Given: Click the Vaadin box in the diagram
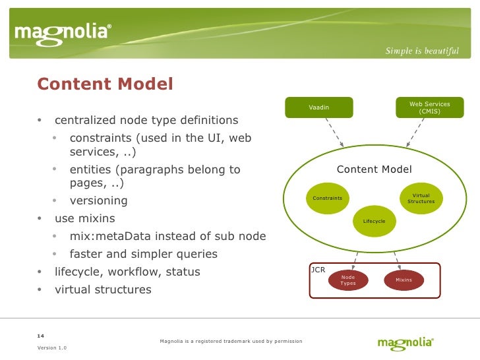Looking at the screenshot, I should click(x=318, y=107).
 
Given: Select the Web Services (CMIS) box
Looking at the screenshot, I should click(x=429, y=107).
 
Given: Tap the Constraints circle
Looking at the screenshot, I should click(x=327, y=198).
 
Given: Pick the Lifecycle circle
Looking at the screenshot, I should click(x=374, y=221).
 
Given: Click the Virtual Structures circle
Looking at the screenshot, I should click(x=421, y=198).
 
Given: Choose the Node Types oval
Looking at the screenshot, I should click(x=347, y=280).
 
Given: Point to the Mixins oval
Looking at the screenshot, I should click(x=404, y=280).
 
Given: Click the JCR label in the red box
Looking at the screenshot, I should click(x=317, y=270).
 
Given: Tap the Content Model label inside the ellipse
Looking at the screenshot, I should click(x=374, y=169).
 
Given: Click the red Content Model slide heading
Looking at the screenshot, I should click(x=105, y=84).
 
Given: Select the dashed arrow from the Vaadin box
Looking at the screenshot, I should click(x=334, y=132).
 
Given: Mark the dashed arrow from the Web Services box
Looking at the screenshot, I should click(x=413, y=132).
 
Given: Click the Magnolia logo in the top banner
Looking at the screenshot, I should click(x=63, y=33).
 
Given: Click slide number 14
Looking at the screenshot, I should click(x=41, y=335).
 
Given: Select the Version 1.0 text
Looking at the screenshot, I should click(x=51, y=347).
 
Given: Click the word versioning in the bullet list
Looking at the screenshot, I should click(x=98, y=201).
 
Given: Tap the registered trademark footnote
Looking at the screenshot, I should click(x=231, y=341).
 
